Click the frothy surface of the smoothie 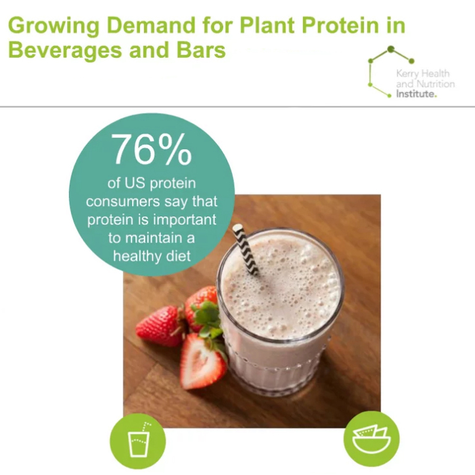pyautogui.click(x=283, y=283)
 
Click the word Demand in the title pyautogui.click(x=137, y=26)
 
